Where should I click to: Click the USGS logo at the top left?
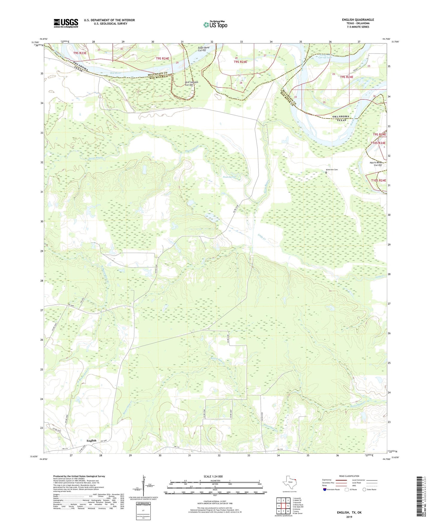point(66,23)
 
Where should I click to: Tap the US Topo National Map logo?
point(215,25)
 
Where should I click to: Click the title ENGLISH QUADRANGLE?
point(358,20)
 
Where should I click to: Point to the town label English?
point(91,441)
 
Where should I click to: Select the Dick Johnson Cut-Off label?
point(191,84)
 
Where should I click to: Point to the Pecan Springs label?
point(230,177)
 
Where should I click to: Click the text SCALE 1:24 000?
point(213,476)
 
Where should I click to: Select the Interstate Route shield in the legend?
point(325,489)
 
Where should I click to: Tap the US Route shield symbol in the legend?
point(347,489)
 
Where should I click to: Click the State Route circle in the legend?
point(364,489)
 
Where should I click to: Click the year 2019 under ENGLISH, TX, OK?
point(349,517)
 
